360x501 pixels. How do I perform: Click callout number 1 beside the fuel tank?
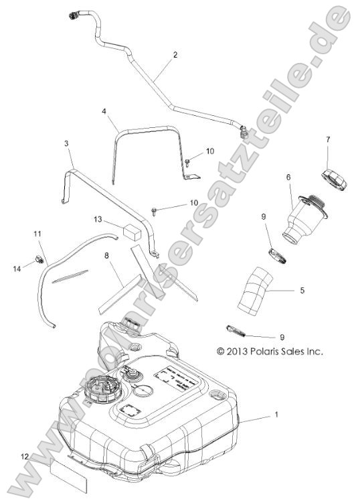276,415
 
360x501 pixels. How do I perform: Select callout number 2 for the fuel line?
175,54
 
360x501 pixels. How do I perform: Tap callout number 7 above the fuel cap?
327,139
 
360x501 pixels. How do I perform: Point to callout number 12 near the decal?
25,456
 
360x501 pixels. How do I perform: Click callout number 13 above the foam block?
98,219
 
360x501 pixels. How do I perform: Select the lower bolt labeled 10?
155,212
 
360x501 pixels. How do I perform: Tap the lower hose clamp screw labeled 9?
235,330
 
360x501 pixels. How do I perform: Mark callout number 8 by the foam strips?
106,255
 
